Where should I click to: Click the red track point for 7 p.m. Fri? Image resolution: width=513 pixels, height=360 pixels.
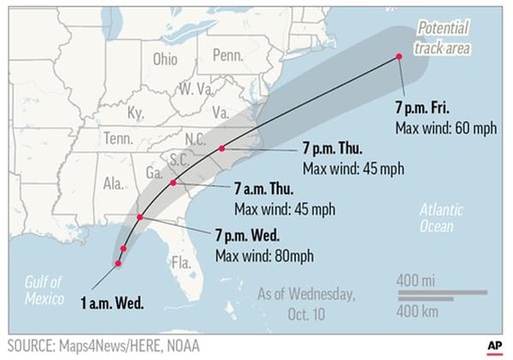[398, 57]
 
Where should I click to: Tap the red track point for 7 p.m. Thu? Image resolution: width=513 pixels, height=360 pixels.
[222, 148]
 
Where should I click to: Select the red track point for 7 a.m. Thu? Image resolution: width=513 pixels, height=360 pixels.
[174, 183]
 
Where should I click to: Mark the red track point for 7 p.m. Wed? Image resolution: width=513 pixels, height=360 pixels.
[139, 217]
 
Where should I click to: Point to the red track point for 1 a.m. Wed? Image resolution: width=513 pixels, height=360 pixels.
[118, 263]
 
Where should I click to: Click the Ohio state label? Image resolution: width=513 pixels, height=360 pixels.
[165, 59]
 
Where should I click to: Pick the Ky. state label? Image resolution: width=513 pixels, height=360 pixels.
[136, 113]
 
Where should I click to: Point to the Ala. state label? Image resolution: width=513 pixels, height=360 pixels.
[112, 183]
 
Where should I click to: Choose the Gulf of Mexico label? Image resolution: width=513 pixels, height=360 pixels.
[44, 291]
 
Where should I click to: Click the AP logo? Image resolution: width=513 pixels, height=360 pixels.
[494, 344]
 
